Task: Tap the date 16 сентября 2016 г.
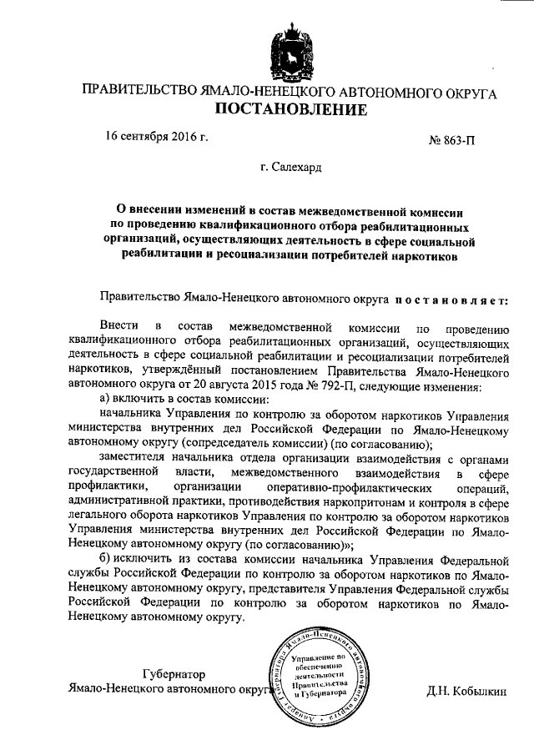pos(156,137)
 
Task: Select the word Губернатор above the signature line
pos(174,673)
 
